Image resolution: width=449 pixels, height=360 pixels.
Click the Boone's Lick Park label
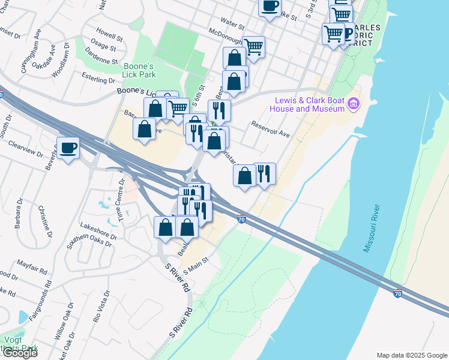point(139,70)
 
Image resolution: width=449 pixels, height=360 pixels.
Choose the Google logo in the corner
point(19,353)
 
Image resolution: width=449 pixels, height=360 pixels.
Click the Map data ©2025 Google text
point(412,355)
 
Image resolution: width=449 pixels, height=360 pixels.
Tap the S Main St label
point(195,265)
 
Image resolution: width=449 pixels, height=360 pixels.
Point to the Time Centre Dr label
point(123,191)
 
